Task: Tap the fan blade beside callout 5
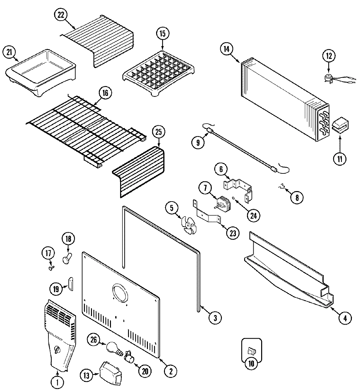189,225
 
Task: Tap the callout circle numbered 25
158,132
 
